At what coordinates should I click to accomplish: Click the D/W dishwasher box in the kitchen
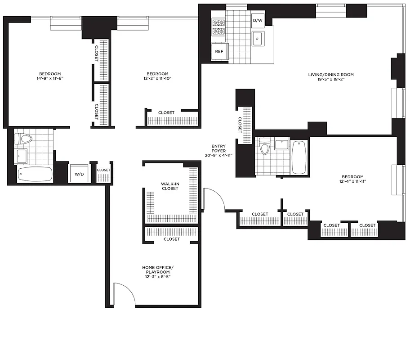(x=258, y=21)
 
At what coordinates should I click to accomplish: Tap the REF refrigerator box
(x=219, y=51)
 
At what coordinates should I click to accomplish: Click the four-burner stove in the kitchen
(x=218, y=27)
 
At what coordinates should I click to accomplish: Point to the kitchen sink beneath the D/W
(x=258, y=39)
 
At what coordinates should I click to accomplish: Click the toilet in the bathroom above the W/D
(x=24, y=139)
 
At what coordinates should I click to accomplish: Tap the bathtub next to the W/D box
(x=35, y=174)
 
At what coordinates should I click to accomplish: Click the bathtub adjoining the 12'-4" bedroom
(x=299, y=157)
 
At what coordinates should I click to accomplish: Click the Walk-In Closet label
(x=170, y=186)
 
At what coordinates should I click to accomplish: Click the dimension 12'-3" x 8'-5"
(x=157, y=277)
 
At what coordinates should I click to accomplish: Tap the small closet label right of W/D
(x=104, y=170)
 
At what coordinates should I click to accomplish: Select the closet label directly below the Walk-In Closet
(x=172, y=239)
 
